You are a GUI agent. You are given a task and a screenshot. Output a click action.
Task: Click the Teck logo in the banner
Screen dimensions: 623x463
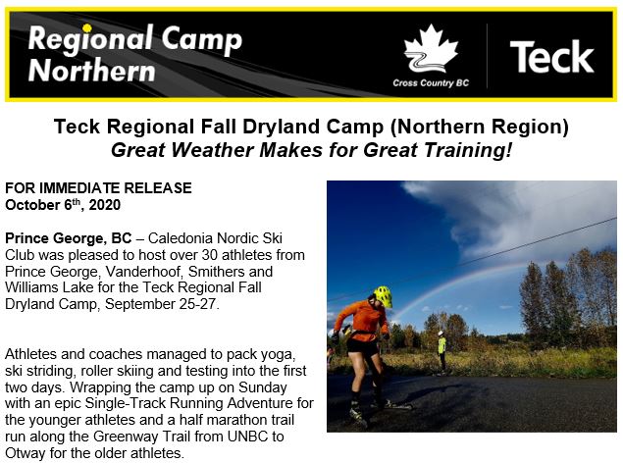point(551,57)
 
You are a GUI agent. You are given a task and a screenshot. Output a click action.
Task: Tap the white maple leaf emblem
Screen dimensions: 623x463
point(431,49)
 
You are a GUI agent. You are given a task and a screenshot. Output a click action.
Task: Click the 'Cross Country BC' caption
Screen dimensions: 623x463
point(431,83)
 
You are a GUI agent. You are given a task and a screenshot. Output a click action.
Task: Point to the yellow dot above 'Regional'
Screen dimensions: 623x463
point(87,27)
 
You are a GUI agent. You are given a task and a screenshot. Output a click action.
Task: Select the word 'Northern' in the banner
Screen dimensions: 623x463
point(92,71)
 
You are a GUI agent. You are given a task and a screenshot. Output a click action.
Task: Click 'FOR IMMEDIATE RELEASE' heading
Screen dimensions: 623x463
point(98,187)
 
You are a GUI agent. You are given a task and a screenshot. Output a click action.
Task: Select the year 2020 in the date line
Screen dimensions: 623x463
point(105,205)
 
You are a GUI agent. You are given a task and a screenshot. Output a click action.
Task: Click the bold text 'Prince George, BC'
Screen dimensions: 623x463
point(69,238)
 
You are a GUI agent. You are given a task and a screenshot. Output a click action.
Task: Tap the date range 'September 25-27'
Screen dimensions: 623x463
point(160,304)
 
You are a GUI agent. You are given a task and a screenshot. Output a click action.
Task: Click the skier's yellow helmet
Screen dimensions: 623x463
point(383,296)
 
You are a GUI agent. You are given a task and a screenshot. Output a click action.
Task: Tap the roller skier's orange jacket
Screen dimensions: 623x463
point(361,321)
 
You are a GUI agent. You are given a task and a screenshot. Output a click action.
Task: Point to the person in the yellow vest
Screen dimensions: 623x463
point(441,351)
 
